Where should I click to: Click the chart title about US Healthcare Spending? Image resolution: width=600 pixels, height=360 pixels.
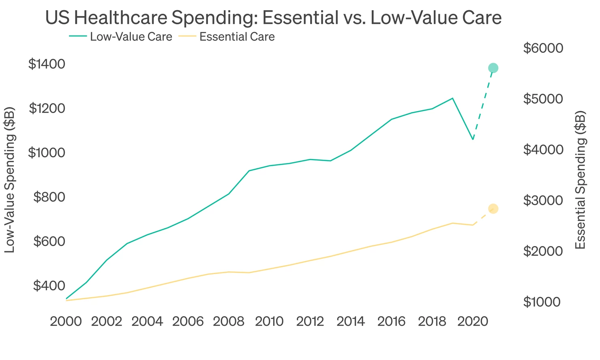coord(273,18)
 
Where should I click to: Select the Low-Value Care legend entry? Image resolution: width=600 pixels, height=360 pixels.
coord(120,37)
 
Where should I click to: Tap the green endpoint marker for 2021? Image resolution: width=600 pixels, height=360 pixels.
coord(493,68)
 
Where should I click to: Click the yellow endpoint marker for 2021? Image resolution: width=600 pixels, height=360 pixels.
coord(493,209)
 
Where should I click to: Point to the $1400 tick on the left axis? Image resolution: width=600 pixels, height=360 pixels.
coord(47,64)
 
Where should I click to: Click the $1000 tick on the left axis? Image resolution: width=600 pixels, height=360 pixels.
coord(47,153)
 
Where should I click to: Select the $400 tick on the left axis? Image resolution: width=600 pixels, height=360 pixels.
coord(49,286)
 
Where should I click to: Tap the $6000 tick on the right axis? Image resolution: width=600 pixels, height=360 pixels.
coord(543,48)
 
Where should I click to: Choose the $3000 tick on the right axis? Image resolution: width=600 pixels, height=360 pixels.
coord(543,200)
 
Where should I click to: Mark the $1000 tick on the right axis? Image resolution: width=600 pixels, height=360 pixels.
coord(542,302)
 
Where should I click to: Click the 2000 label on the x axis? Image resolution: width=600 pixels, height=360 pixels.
coord(66,322)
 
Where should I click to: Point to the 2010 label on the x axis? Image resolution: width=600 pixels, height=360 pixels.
coord(269,322)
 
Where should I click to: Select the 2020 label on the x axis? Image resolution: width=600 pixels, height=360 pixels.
coord(473,322)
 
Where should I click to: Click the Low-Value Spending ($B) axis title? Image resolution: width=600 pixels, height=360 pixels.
coord(10,180)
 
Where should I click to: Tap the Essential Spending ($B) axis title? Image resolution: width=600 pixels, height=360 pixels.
coord(581,180)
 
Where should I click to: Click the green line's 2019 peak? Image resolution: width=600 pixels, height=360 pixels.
coord(452,98)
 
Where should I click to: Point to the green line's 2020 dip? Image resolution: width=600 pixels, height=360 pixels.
coord(473,139)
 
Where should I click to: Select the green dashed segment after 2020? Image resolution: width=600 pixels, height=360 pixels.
coord(483,104)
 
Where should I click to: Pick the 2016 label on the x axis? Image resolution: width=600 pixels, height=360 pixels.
coord(391,322)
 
